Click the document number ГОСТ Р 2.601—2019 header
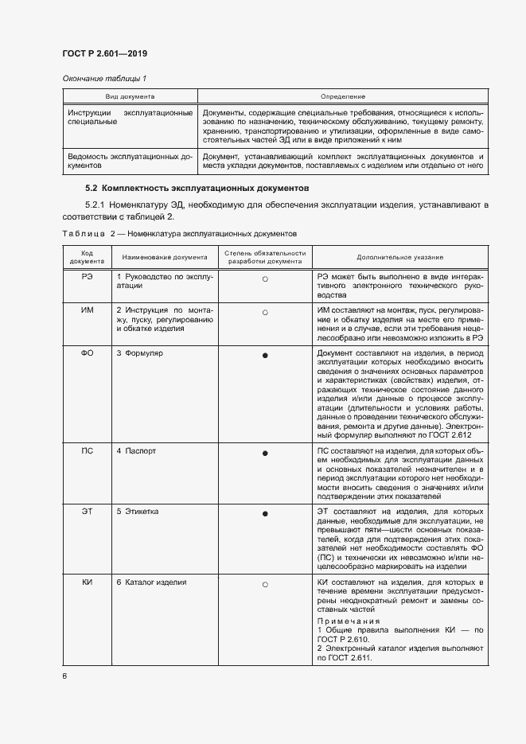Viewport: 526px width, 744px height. tap(104, 53)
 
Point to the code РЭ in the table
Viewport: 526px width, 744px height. tap(88, 275)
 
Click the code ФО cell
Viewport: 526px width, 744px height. tap(88, 353)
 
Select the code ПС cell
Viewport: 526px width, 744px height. tap(88, 450)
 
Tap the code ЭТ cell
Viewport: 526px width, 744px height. tap(88, 512)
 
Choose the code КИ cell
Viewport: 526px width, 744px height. tap(88, 582)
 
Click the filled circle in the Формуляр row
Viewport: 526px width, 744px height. tap(265, 355)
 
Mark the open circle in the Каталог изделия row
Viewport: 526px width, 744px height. tap(265, 585)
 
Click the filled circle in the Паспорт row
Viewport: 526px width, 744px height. tap(265, 453)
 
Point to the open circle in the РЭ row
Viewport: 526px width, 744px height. tap(265, 279)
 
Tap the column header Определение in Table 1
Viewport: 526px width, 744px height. tap(343, 95)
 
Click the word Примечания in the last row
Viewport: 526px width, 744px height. tap(349, 620)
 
